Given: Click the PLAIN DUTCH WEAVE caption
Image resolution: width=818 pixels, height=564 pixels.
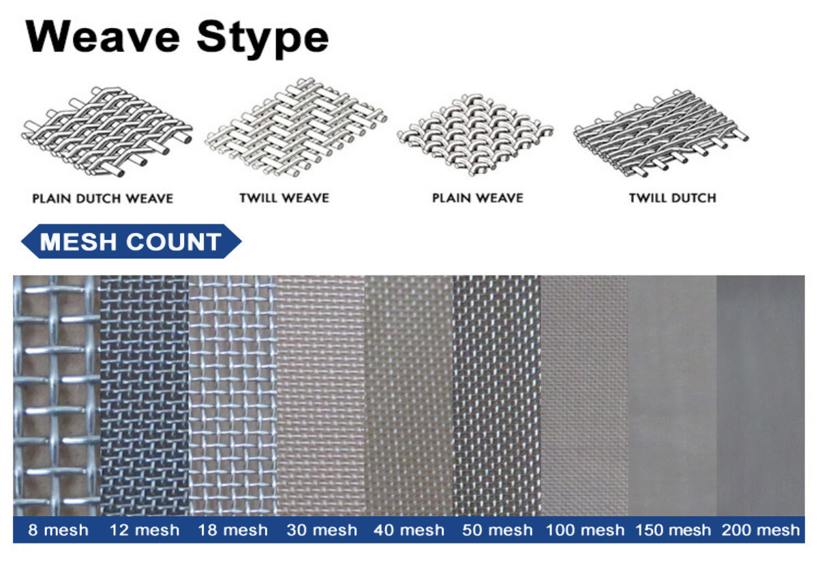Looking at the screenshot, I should [x=102, y=198].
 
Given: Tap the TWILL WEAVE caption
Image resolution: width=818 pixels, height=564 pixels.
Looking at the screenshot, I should [x=284, y=198].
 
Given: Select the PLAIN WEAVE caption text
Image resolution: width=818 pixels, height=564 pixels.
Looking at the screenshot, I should [x=477, y=198].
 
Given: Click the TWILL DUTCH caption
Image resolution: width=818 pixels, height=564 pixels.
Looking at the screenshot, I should [x=672, y=198].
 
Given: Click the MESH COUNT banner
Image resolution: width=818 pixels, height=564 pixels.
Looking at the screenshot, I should [x=131, y=241].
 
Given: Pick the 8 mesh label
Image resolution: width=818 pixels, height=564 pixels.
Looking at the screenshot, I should [x=57, y=530].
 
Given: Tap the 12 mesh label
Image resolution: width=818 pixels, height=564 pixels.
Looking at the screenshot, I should [x=144, y=530].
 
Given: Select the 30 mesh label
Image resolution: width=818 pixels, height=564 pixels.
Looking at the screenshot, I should [x=320, y=530].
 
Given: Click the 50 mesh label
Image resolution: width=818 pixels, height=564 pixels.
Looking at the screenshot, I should [x=496, y=530].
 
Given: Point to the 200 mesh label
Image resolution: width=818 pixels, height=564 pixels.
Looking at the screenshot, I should [x=760, y=530].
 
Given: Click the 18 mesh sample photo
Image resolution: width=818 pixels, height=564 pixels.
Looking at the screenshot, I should [x=232, y=396].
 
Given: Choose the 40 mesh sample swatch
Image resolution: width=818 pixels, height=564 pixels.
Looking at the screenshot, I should [x=408, y=396].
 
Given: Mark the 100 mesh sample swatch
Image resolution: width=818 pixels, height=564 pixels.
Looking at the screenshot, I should [x=584, y=396].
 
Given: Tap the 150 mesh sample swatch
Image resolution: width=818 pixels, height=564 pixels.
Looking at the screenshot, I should [x=672, y=396].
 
